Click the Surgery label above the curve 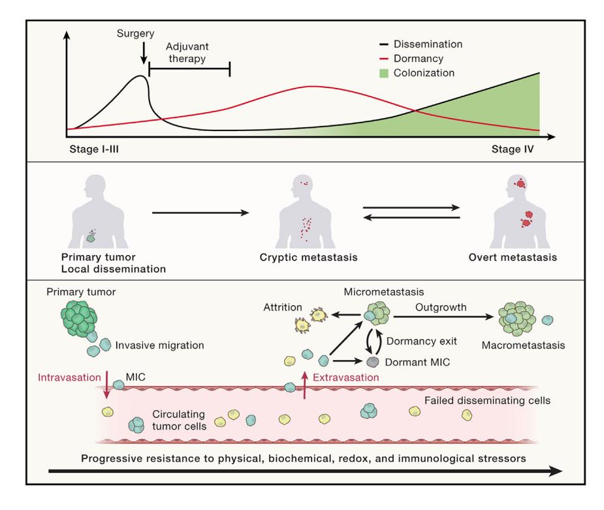click(x=135, y=34)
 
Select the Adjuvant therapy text click(x=187, y=52)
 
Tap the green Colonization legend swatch click(x=384, y=73)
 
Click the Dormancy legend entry click(x=411, y=59)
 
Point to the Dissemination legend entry click(x=421, y=44)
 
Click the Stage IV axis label click(x=513, y=149)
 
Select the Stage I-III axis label click(x=94, y=149)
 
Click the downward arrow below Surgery click(x=144, y=53)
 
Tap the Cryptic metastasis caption click(x=309, y=258)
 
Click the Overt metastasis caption click(x=513, y=258)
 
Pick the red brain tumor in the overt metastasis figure click(x=520, y=183)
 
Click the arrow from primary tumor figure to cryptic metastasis click(x=200, y=213)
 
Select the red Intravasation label click(x=69, y=378)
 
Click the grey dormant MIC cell click(x=372, y=362)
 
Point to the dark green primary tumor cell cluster click(x=79, y=318)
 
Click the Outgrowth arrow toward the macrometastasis click(x=443, y=316)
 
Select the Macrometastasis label click(x=523, y=346)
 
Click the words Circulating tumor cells click(x=179, y=420)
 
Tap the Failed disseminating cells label click(x=487, y=400)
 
